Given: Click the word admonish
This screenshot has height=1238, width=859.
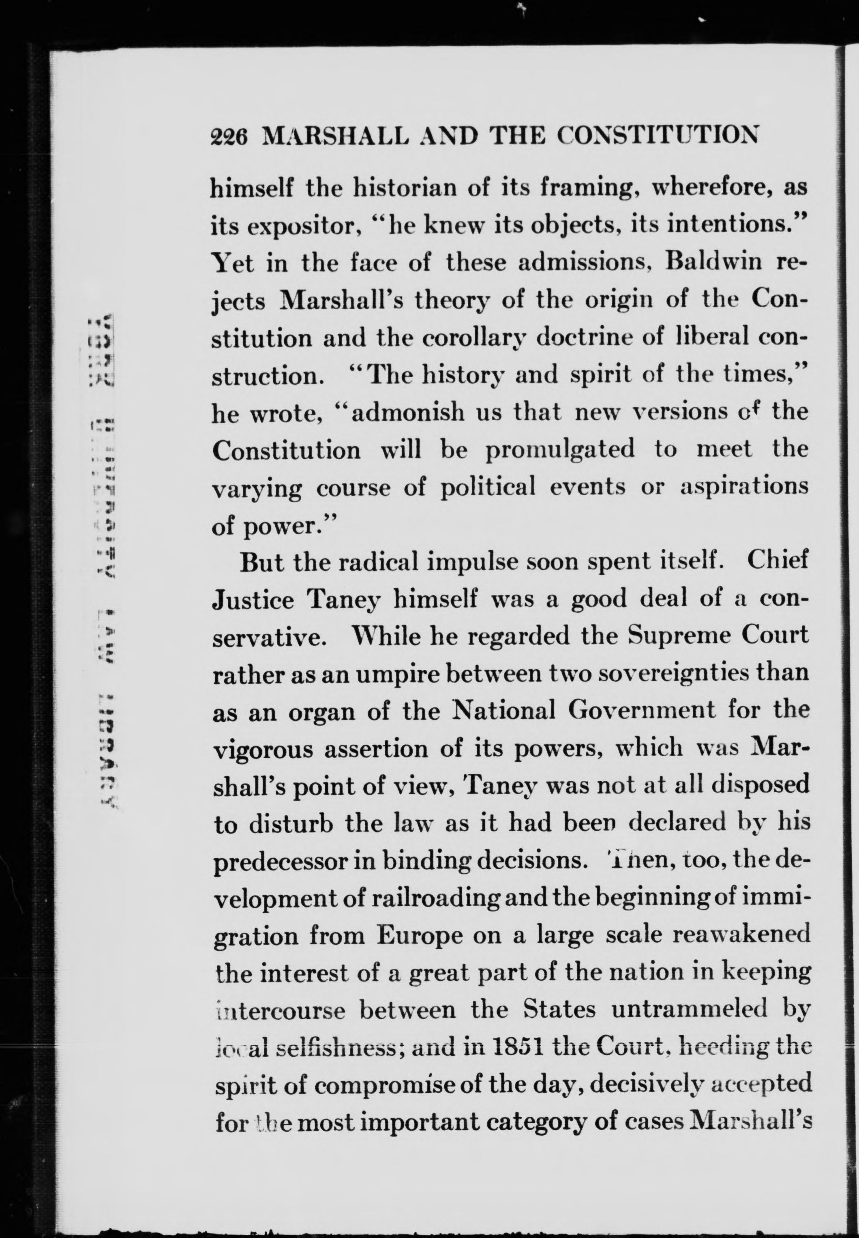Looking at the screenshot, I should [x=408, y=412].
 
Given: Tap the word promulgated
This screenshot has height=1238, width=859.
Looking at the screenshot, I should [x=560, y=449].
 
